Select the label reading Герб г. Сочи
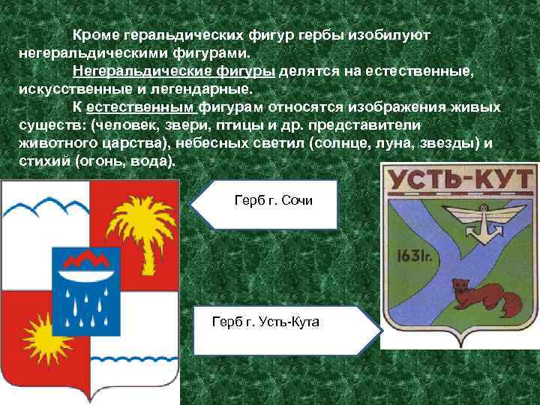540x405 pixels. (274, 202)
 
